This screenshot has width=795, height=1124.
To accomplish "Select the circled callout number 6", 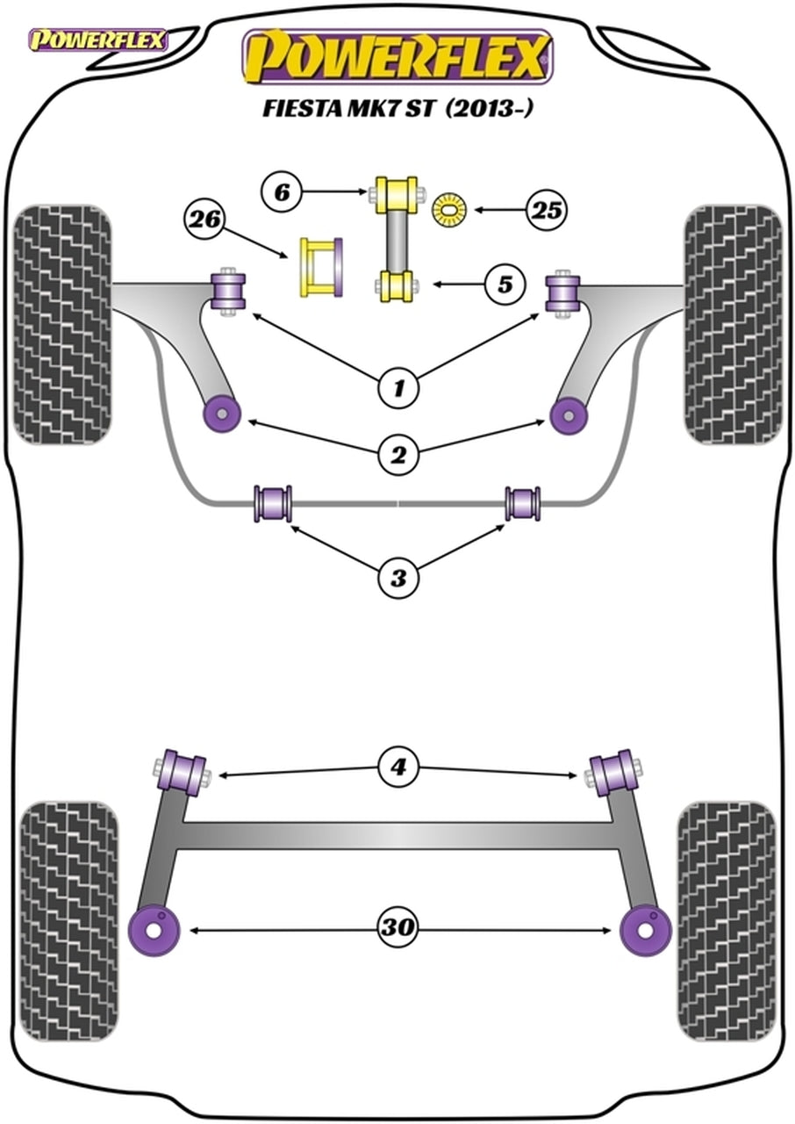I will [x=282, y=191].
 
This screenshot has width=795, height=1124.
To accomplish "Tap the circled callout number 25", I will [x=547, y=210].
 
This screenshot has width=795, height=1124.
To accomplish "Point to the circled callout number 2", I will [x=398, y=455].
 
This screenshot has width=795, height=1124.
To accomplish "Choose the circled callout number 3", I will [x=398, y=578].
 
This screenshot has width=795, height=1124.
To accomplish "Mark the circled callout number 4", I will [x=398, y=768].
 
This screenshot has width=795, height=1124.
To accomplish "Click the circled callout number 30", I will [x=398, y=927].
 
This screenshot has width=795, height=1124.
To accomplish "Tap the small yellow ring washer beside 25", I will [x=450, y=209].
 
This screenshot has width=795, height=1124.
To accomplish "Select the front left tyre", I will [x=63, y=325].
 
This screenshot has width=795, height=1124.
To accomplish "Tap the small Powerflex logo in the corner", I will [x=98, y=40].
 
